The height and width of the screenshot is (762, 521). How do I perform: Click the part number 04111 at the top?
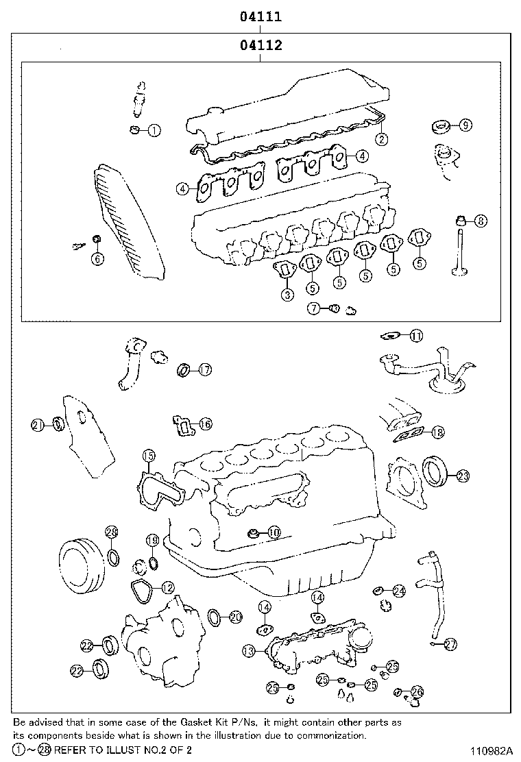pyautogui.click(x=260, y=16)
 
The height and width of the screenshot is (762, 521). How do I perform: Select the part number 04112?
pyautogui.click(x=260, y=46)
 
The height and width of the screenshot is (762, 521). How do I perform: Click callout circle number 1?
pyautogui.click(x=154, y=130)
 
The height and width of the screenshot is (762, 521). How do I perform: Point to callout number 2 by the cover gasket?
pyautogui.click(x=381, y=139)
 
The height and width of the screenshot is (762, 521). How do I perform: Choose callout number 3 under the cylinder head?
pyautogui.click(x=287, y=295)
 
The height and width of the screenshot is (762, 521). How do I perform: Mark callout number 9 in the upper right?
pyautogui.click(x=465, y=125)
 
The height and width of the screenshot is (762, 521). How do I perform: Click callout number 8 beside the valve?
pyautogui.click(x=481, y=221)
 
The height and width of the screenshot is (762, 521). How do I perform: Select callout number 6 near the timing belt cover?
pyautogui.click(x=97, y=258)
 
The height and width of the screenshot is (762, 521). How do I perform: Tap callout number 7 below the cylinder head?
pyautogui.click(x=314, y=308)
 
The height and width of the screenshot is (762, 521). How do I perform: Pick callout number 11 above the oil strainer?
pyautogui.click(x=416, y=335)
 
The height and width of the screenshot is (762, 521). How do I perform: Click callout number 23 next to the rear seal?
pyautogui.click(x=463, y=475)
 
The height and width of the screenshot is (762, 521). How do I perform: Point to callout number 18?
pyautogui.click(x=437, y=432)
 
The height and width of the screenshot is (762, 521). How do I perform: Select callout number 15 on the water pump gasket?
pyautogui.click(x=149, y=456)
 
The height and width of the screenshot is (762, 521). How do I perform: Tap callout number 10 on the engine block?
pyautogui.click(x=274, y=531)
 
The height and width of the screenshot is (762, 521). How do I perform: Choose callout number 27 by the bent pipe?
pyautogui.click(x=450, y=644)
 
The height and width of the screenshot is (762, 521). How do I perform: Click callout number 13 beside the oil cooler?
pyautogui.click(x=249, y=649)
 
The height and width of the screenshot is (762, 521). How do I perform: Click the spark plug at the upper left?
pyautogui.click(x=140, y=98)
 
